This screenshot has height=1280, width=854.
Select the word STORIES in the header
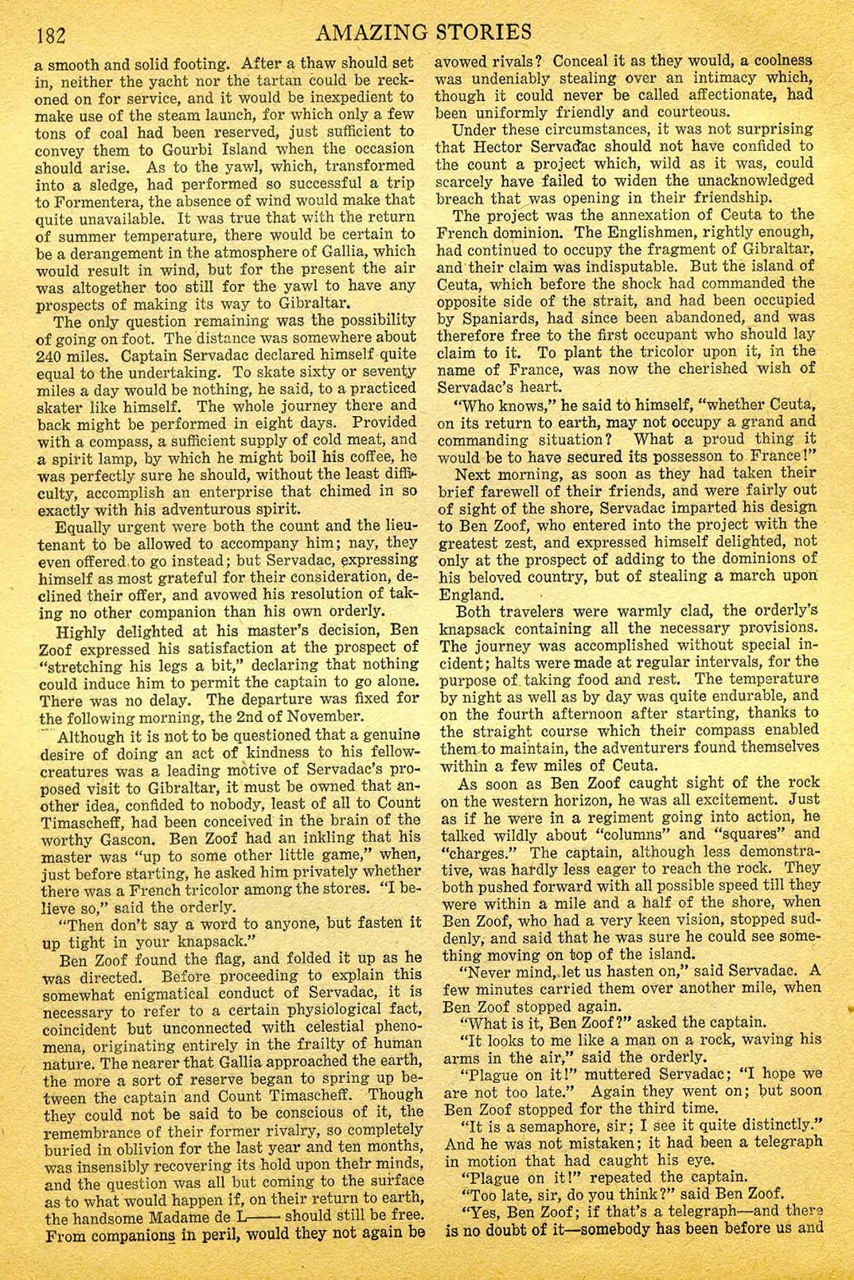492,31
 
